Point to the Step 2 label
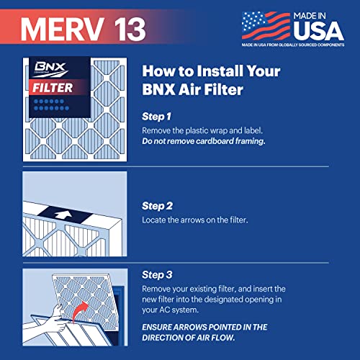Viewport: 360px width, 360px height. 158,204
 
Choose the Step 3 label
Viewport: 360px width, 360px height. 158,274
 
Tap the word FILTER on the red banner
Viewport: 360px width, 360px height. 59,89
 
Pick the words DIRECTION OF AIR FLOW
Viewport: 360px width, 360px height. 193,338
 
